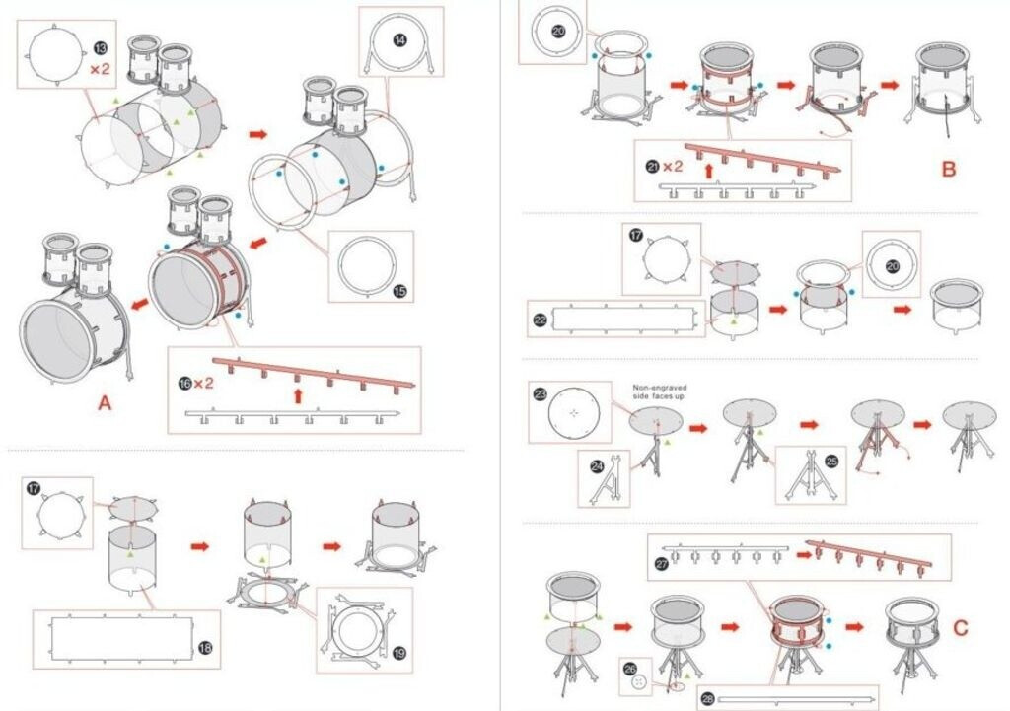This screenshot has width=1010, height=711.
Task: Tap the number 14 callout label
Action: (x=399, y=40)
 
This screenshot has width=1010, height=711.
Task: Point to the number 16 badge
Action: (x=186, y=383)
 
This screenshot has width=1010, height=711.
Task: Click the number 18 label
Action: (x=205, y=647)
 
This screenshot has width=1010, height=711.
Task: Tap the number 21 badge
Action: (x=653, y=167)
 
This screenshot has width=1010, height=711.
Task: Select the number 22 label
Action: (x=540, y=320)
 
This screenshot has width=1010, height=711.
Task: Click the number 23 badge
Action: (x=541, y=394)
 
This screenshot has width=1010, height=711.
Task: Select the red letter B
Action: (x=949, y=169)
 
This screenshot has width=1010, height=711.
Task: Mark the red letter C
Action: (x=961, y=627)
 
